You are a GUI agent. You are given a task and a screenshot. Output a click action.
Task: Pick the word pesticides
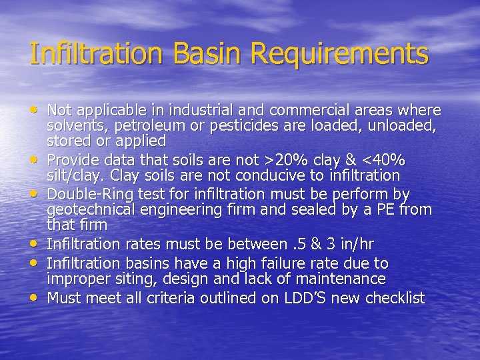(x=241, y=125)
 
